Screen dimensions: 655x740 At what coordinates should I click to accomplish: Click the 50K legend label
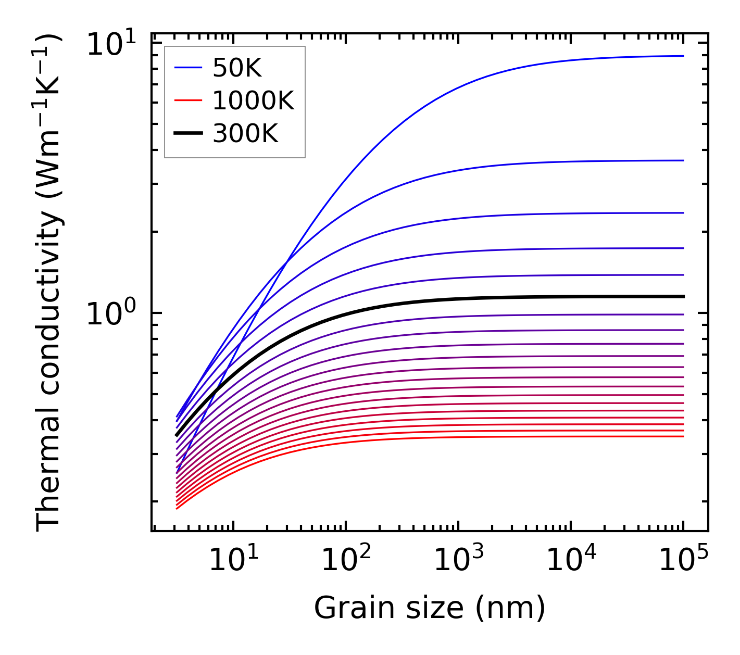pos(237,68)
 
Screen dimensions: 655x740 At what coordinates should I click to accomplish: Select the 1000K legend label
pos(253,100)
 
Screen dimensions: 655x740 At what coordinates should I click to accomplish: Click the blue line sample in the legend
pos(187,67)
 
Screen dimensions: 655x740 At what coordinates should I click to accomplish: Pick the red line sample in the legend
pos(187,100)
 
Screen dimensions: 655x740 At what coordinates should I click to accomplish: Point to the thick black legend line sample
pos(187,134)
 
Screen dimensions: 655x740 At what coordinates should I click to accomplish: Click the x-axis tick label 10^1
pos(234,560)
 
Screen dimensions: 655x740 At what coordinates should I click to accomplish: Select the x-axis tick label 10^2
pos(346,560)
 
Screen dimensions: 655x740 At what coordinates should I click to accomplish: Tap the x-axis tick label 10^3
pos(459,560)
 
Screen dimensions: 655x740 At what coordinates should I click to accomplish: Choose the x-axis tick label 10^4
pos(571,560)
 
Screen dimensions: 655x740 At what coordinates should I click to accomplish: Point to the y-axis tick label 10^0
pos(110,313)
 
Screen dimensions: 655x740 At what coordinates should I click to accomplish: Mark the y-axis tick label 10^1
pos(110,44)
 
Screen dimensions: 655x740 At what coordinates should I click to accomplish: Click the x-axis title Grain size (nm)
pos(430,607)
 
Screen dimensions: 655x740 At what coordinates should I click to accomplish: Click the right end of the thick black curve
pos(683,296)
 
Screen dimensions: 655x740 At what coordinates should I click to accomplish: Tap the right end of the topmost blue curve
pos(683,56)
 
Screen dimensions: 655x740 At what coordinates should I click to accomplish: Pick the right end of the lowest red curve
pos(683,436)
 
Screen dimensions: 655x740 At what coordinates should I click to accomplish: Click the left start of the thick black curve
pos(177,435)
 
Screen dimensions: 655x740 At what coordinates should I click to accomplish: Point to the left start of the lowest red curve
pos(177,509)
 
